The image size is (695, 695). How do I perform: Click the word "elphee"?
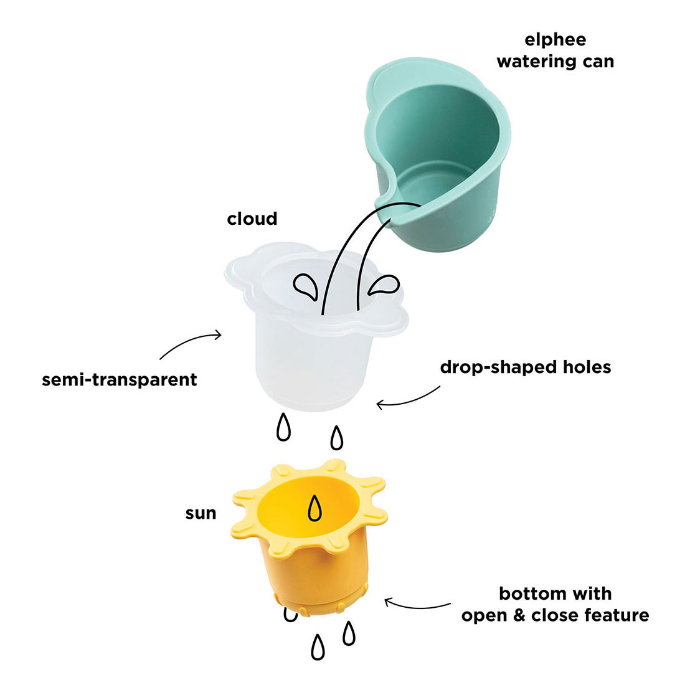click(555, 40)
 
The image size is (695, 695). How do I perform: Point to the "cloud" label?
click(252, 219)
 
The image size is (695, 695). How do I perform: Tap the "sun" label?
click(201, 513)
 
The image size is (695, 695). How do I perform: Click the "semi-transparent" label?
click(119, 379)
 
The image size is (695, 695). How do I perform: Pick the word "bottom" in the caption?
click(530, 593)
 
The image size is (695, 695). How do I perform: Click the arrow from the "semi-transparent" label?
click(188, 342)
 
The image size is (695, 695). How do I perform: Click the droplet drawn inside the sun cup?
click(314, 508)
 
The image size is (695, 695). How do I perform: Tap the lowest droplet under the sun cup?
click(318, 647)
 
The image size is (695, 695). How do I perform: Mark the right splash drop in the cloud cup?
click(384, 285)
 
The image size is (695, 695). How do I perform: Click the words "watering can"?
click(556, 62)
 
